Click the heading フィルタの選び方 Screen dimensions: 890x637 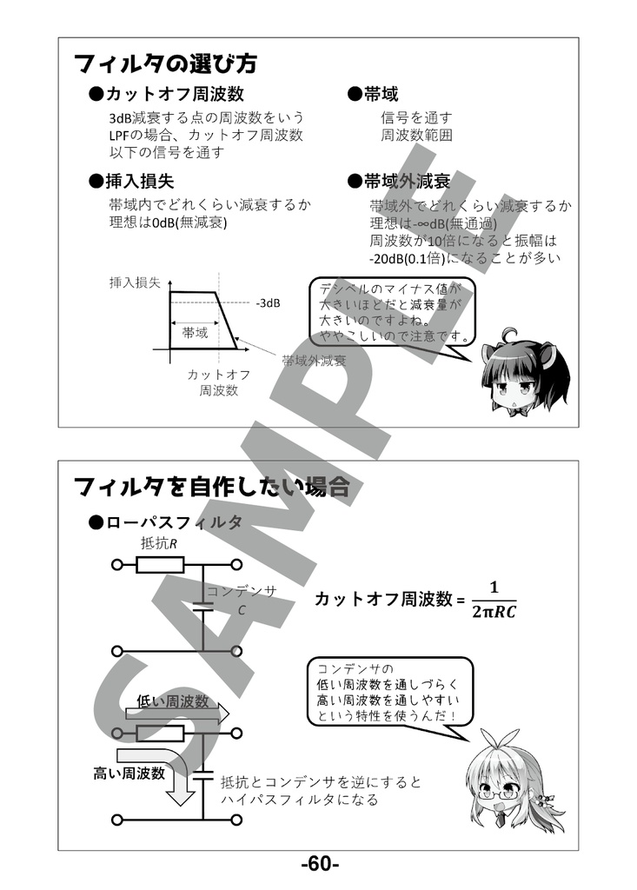click(x=165, y=63)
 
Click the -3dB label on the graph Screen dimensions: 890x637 click(x=268, y=303)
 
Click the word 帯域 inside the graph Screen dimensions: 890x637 click(x=195, y=333)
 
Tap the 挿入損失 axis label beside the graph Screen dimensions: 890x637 click(x=134, y=282)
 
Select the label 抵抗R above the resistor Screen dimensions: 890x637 click(x=158, y=543)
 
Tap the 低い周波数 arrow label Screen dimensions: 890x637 click(x=172, y=701)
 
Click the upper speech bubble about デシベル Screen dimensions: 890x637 click(x=394, y=310)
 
